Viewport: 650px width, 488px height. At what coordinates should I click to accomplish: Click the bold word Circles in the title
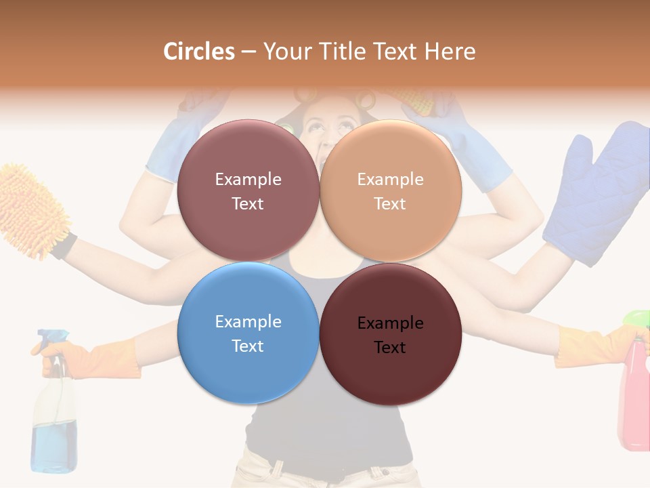click(x=199, y=52)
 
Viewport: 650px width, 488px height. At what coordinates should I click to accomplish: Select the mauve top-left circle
click(x=248, y=191)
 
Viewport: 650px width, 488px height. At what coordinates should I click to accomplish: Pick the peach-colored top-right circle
click(x=390, y=191)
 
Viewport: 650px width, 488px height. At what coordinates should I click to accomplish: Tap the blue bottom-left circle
click(x=248, y=333)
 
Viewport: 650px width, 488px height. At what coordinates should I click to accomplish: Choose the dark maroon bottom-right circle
click(x=390, y=333)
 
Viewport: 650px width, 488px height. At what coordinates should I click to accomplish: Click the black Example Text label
click(x=390, y=335)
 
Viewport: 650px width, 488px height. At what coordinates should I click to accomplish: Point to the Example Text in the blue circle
click(x=248, y=333)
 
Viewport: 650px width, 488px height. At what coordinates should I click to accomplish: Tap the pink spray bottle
click(x=634, y=400)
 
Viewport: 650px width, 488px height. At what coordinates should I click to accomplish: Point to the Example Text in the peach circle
click(x=390, y=191)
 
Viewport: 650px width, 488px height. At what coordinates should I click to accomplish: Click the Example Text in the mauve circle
click(x=248, y=191)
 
